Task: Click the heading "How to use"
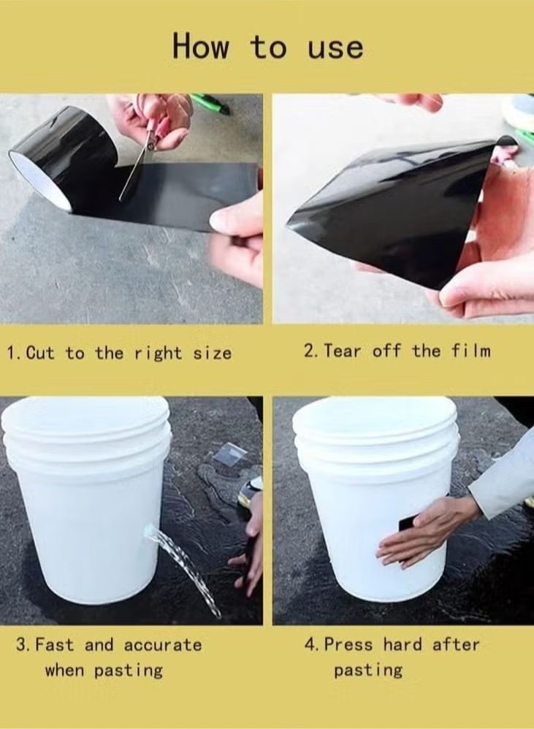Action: tap(267, 46)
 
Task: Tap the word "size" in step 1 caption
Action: tap(213, 354)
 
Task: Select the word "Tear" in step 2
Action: tap(343, 351)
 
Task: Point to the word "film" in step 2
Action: tap(470, 351)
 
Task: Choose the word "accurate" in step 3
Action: tap(162, 645)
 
